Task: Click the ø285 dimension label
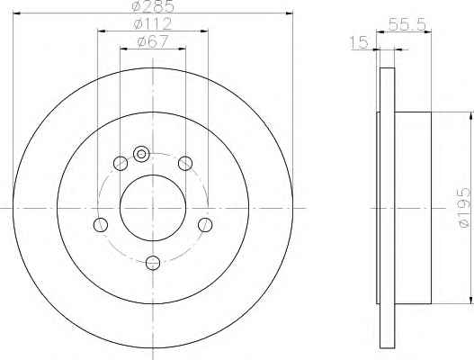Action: tap(154, 5)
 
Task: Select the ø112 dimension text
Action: tap(153, 24)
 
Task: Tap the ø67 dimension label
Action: tap(152, 41)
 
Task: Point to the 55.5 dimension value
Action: tap(407, 25)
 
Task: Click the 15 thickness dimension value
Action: tap(359, 42)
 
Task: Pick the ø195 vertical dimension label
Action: tap(464, 208)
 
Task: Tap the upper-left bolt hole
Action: tap(121, 164)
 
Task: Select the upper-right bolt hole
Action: tap(185, 164)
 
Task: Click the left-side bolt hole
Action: tap(101, 225)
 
